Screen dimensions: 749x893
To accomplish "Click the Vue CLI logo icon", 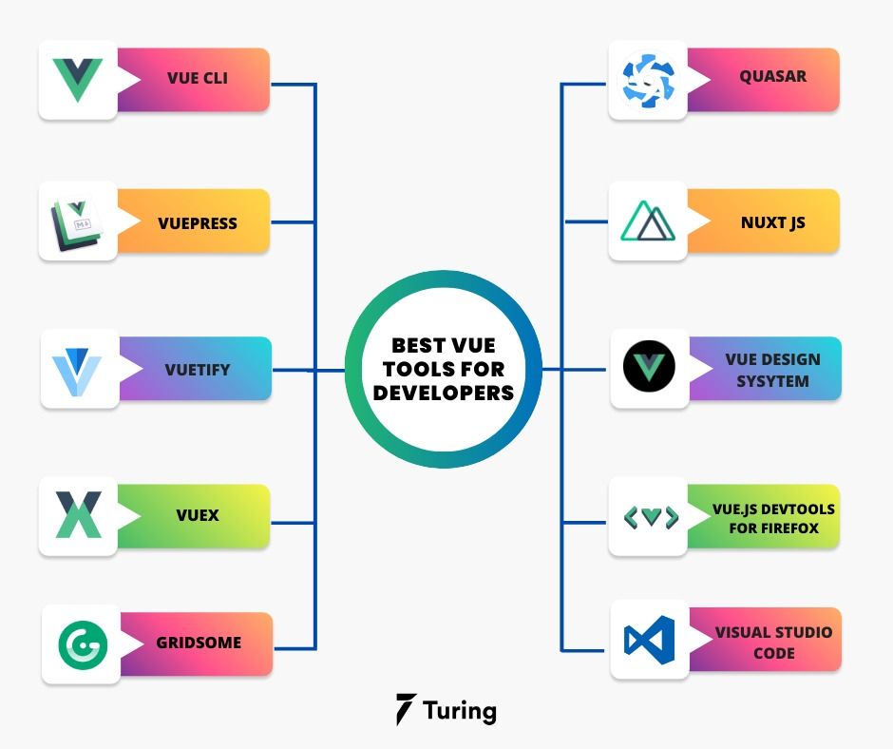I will click(78, 80).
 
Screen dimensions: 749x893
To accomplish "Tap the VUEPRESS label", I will click(198, 223).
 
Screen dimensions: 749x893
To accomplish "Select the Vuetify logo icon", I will click(78, 371).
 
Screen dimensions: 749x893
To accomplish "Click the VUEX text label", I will click(198, 515).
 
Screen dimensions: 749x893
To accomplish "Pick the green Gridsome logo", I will click(82, 644).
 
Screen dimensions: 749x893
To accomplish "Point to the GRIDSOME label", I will click(199, 643).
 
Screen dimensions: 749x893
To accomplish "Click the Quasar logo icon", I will click(647, 81).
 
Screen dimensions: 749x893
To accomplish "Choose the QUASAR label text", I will click(772, 76).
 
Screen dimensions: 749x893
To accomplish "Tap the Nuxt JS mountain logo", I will click(647, 222).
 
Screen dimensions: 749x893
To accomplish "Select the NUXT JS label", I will click(772, 222).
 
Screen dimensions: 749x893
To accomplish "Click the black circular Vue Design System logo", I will click(649, 368).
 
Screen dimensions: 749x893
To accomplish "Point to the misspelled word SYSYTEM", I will click(772, 381).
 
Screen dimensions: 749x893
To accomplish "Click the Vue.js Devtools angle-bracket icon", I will click(650, 517).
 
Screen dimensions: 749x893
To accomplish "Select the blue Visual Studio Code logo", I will click(649, 640).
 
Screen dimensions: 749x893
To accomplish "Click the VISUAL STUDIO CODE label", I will click(773, 643).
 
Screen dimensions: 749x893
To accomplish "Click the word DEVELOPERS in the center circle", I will click(443, 392).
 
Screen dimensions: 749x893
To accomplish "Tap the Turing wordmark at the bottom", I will click(460, 711).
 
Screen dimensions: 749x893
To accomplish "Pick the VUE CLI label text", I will click(197, 78).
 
